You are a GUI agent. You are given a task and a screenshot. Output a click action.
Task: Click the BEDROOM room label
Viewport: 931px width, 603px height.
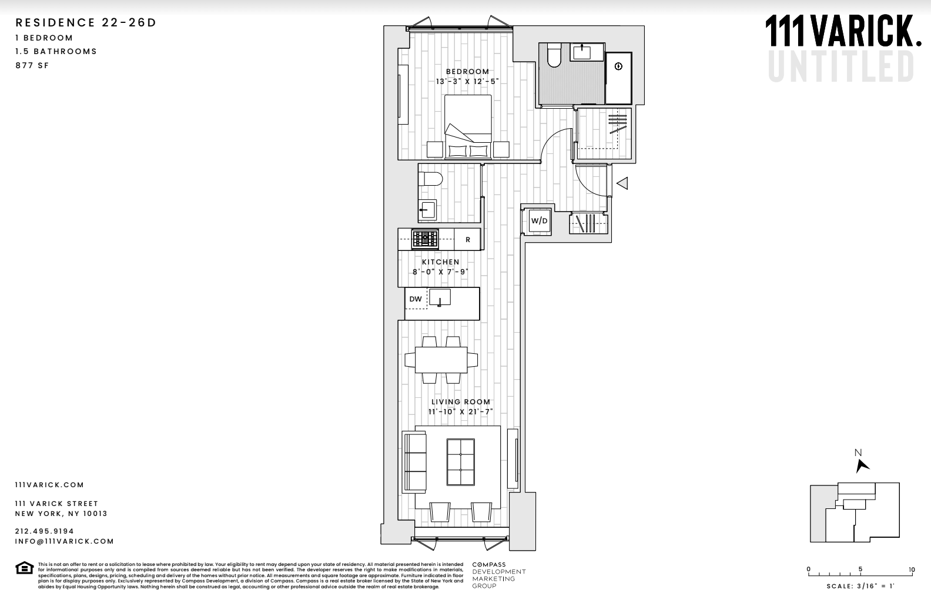click(467, 72)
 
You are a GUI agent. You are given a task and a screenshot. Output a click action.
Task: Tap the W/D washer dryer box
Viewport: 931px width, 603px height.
click(539, 221)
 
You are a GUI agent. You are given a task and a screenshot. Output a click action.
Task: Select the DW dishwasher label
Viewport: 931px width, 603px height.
click(416, 299)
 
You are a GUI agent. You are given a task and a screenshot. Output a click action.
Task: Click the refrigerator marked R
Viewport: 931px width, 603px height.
click(468, 240)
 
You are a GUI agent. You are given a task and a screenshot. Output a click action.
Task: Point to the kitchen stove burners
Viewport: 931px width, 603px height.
click(425, 239)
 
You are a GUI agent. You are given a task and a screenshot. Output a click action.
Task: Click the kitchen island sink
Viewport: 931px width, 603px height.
click(439, 297)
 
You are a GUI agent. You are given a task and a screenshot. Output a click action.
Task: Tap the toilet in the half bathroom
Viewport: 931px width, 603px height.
click(428, 179)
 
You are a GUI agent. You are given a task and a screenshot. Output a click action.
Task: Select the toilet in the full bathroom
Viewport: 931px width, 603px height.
click(554, 56)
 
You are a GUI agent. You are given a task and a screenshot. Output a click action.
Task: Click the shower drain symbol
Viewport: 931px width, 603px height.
click(618, 66)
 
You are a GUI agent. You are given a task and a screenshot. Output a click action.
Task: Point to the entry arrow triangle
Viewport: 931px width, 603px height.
click(622, 183)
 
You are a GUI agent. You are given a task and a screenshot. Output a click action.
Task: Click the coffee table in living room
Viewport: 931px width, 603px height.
click(461, 462)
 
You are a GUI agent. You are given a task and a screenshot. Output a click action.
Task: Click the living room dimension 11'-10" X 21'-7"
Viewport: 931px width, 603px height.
click(461, 412)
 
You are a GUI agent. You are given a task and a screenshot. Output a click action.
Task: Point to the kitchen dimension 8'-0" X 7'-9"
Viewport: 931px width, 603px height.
click(441, 272)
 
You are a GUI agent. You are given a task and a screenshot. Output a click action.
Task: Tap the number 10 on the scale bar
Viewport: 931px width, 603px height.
click(911, 569)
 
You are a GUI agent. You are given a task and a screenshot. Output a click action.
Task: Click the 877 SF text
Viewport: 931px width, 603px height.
click(32, 65)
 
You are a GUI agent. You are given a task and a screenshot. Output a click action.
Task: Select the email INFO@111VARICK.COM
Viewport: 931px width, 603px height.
click(65, 541)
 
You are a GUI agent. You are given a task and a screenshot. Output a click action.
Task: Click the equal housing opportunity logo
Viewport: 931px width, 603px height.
click(24, 568)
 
